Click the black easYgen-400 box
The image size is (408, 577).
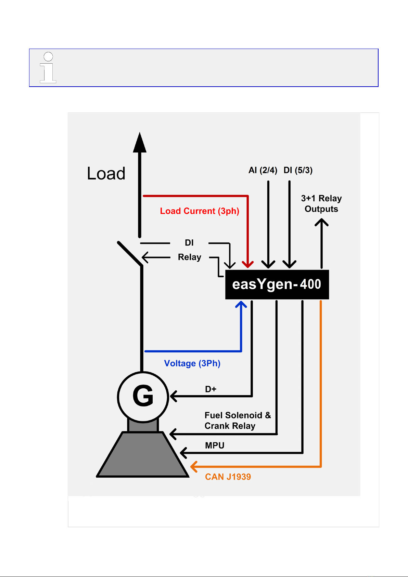click(x=277, y=284)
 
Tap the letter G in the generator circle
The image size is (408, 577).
click(x=143, y=396)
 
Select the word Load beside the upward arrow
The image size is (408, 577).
click(x=106, y=173)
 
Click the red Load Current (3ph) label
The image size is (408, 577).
click(x=200, y=211)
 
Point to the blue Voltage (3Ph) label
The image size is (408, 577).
click(x=192, y=363)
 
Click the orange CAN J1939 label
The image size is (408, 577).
click(x=228, y=477)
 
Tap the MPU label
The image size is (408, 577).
click(x=215, y=446)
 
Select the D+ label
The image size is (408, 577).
click(x=211, y=389)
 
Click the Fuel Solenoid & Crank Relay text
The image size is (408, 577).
click(x=238, y=421)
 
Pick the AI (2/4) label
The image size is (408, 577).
click(x=263, y=170)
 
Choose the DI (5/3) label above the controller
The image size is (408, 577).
click(x=298, y=170)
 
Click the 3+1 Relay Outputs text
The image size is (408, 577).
click(x=321, y=203)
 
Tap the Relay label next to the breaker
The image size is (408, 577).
click(x=190, y=257)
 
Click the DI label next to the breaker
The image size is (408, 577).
click(x=189, y=243)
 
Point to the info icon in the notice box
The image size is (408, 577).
click(x=48, y=67)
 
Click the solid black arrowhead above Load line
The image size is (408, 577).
click(x=140, y=142)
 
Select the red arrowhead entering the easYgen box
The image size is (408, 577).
click(x=247, y=264)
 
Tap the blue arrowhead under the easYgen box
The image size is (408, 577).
click(x=241, y=305)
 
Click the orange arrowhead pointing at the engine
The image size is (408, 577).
click(x=194, y=467)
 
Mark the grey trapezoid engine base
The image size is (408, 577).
click(x=143, y=455)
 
